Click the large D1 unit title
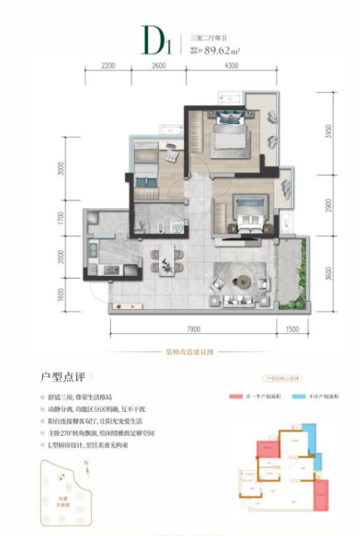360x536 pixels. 157,38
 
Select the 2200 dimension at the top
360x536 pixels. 109,67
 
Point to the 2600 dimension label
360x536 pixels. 159,67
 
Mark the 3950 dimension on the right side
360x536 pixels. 328,133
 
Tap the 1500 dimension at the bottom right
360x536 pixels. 292,329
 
